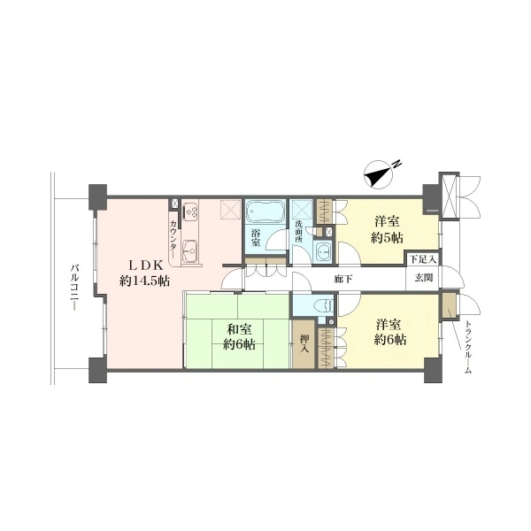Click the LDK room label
147,265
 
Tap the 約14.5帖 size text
144,281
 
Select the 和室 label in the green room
240,329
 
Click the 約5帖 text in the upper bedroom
387,238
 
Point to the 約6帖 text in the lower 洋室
390,340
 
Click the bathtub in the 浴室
265,211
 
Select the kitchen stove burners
190,212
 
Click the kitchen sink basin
190,251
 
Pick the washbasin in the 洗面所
324,252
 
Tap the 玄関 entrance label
424,278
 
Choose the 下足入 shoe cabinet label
423,260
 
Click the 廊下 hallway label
343,279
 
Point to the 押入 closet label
304,343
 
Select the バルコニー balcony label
75,288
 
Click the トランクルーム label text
467,346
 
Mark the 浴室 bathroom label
256,238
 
